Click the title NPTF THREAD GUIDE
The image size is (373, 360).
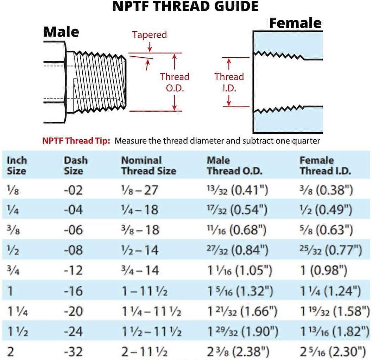coord(185,6)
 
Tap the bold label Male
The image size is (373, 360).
coord(61,32)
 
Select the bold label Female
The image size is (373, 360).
coord(295,23)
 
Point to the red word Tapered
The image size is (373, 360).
coord(149,35)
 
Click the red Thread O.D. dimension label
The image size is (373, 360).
coord(175,82)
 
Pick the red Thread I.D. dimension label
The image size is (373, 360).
coord(229,82)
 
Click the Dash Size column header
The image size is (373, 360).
coord(75,166)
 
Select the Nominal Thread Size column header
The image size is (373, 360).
coord(148,166)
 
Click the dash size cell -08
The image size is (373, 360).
coord(73,251)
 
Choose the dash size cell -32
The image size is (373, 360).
coord(73,352)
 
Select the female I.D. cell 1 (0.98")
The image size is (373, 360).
coord(323,271)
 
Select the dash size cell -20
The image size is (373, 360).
coord(73,311)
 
